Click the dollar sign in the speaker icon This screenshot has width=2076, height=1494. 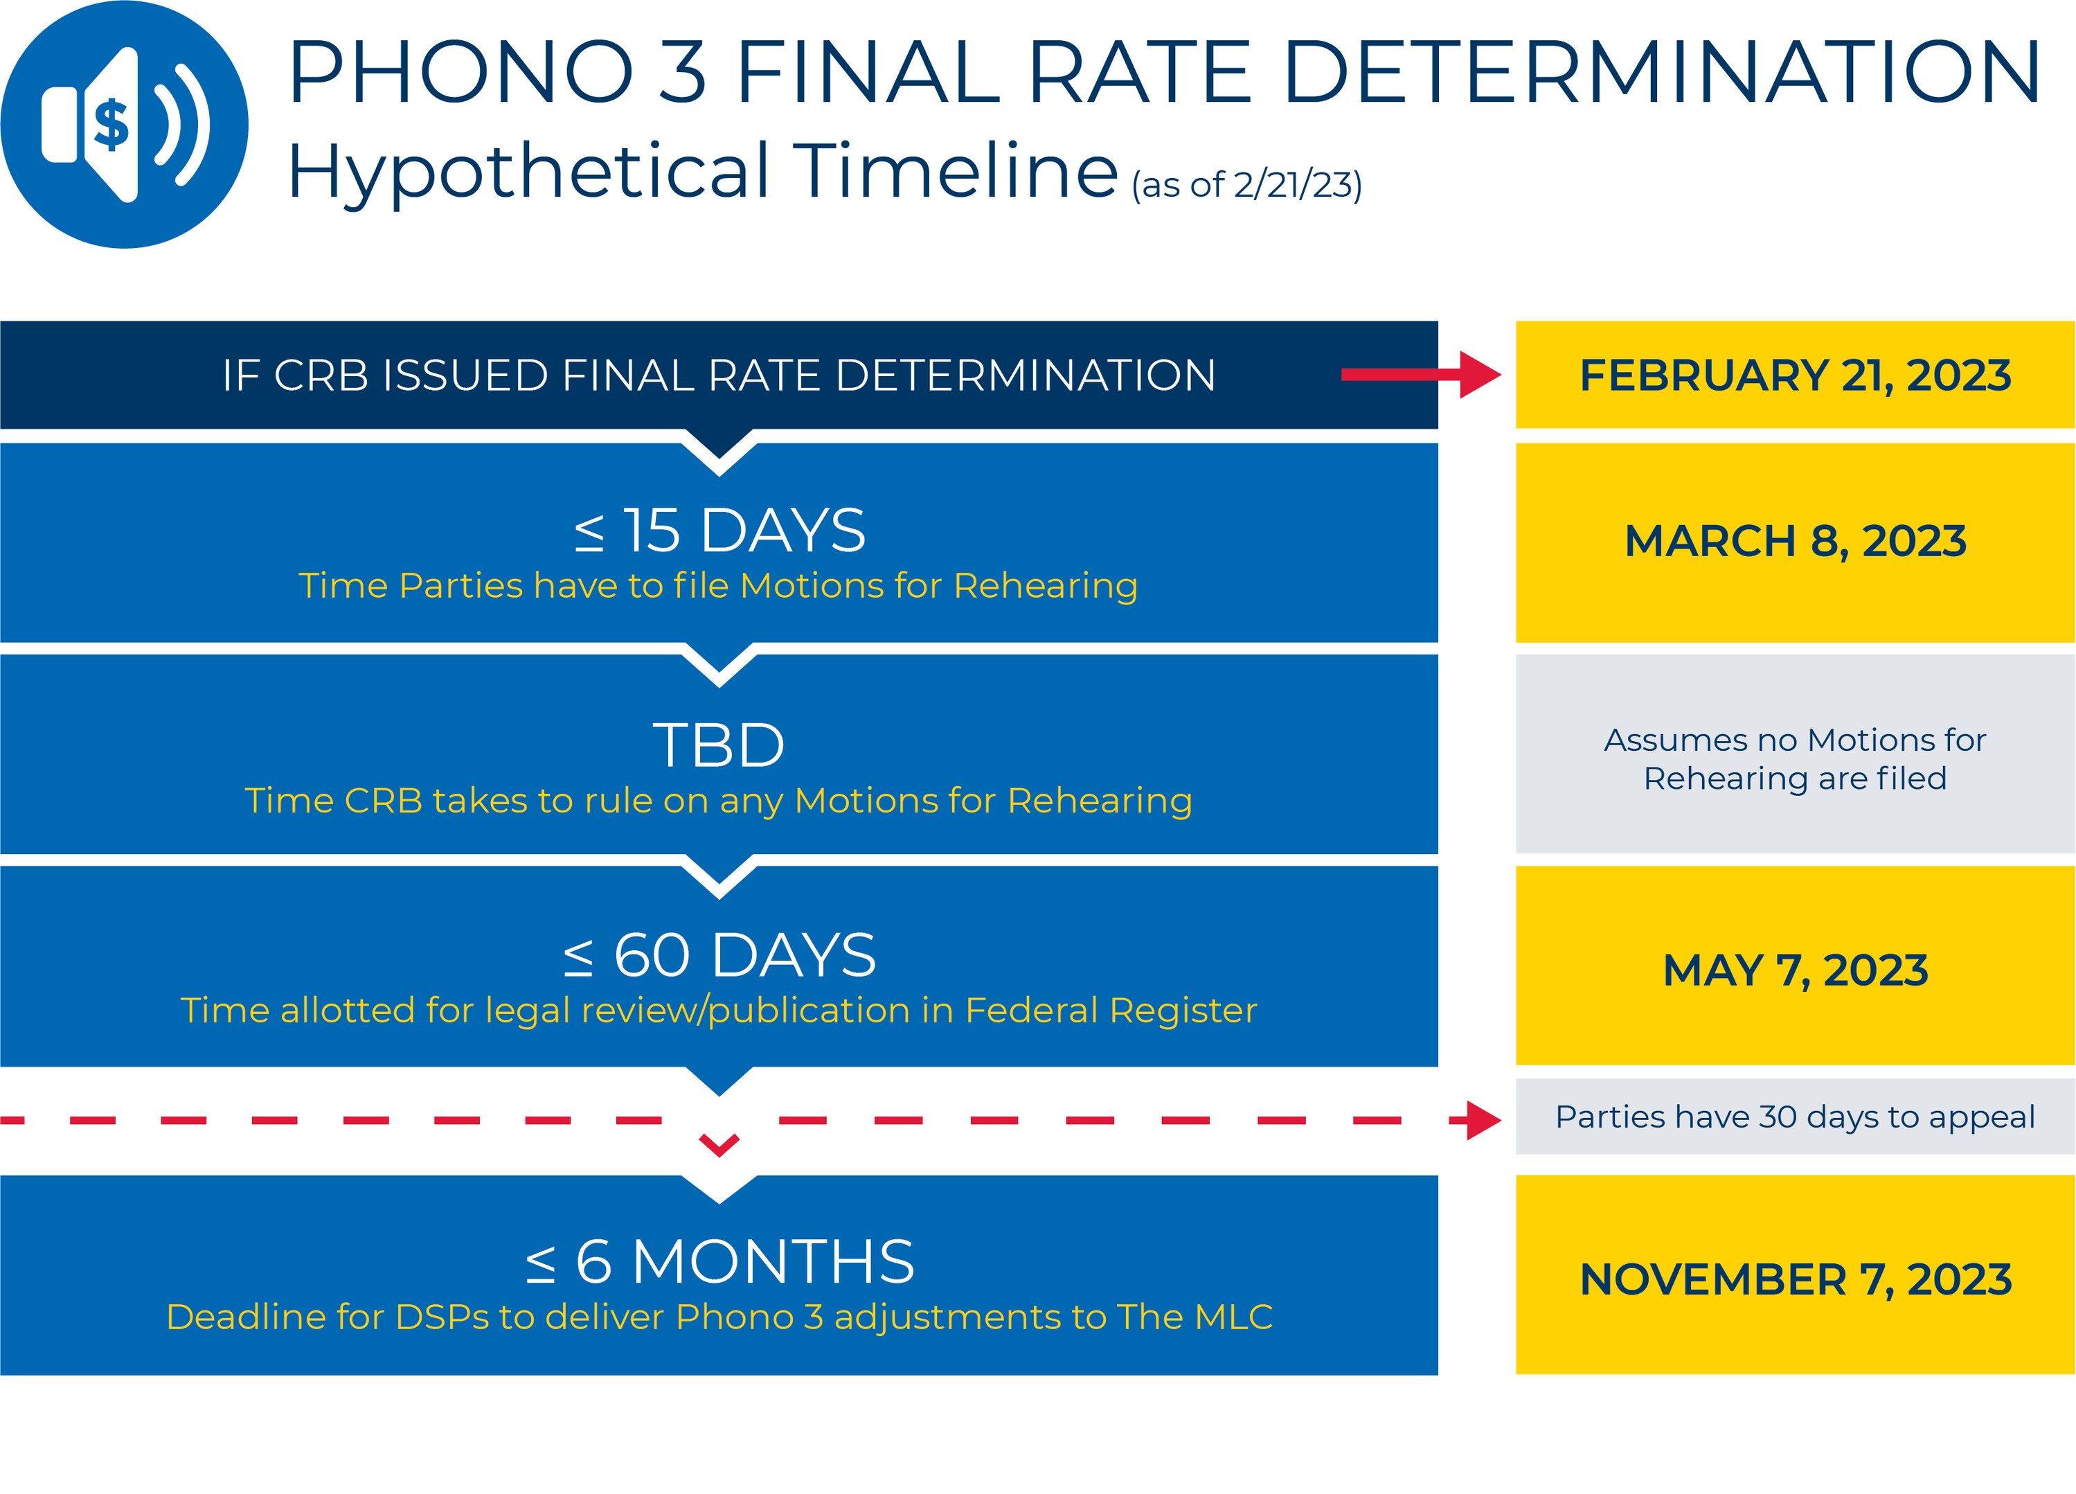(111, 125)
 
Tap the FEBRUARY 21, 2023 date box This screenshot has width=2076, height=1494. (1795, 375)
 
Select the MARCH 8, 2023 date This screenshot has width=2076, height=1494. (1795, 541)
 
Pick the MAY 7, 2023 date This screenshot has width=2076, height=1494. (1795, 970)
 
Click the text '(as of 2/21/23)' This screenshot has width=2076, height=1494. (1246, 185)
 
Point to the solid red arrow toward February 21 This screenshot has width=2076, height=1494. (1421, 375)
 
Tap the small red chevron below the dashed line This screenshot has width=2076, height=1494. (719, 1144)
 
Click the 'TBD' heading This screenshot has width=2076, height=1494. (719, 745)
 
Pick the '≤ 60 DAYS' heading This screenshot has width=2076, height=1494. (719, 955)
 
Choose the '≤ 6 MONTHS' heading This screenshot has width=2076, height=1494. (719, 1261)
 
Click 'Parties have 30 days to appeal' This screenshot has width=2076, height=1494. (1795, 1117)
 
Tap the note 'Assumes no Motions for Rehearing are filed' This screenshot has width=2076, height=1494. (1795, 759)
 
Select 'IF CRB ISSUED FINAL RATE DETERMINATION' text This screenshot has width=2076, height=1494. (719, 375)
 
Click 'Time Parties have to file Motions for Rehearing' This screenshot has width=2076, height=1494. (719, 586)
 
